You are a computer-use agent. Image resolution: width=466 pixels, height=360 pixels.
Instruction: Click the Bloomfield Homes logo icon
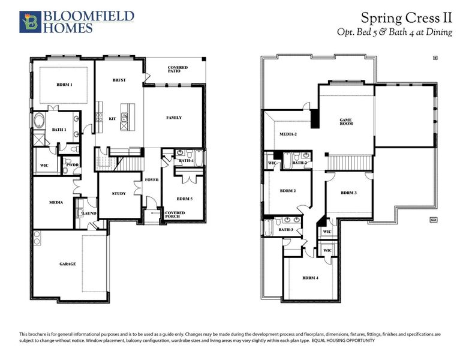[x=28, y=21]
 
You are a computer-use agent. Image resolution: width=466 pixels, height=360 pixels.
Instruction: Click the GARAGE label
[x=67, y=264]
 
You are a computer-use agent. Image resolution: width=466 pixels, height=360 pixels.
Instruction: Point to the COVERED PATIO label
[x=178, y=69]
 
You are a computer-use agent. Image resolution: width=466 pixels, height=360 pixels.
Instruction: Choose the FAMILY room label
[x=174, y=118]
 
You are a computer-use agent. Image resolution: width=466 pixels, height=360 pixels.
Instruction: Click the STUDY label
[x=119, y=193]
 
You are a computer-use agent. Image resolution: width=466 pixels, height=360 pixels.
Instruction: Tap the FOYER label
[x=151, y=179]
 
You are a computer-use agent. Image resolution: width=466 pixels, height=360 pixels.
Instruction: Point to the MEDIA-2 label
[x=288, y=134]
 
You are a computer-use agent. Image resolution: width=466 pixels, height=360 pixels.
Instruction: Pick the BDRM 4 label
[x=309, y=278]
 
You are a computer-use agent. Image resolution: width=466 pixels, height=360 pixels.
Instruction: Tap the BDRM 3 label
[x=349, y=193]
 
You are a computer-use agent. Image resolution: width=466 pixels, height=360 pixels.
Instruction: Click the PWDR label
[x=73, y=164]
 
